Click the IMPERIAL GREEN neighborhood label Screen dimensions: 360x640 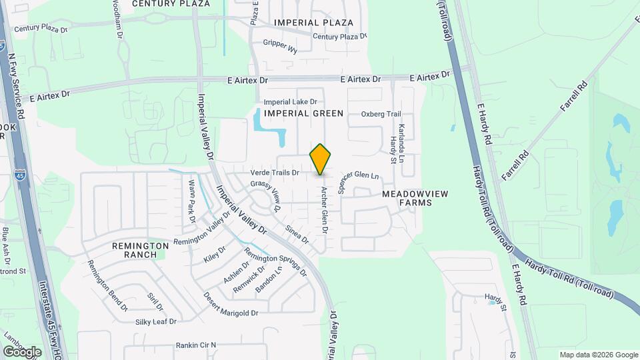(303, 113)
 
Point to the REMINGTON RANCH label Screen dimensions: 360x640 (141, 250)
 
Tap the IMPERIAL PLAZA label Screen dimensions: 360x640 (313, 23)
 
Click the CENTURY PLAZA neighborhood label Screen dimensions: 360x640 (162, 3)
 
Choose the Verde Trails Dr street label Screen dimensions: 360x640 (275, 173)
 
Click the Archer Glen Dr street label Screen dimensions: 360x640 (324, 209)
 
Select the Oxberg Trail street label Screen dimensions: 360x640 (381, 113)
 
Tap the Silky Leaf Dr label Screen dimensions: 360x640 (155, 321)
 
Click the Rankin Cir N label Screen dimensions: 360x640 (196, 345)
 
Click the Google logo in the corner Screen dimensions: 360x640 (23, 351)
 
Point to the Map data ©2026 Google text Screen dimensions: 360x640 (599, 355)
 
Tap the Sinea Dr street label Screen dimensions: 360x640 (297, 234)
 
